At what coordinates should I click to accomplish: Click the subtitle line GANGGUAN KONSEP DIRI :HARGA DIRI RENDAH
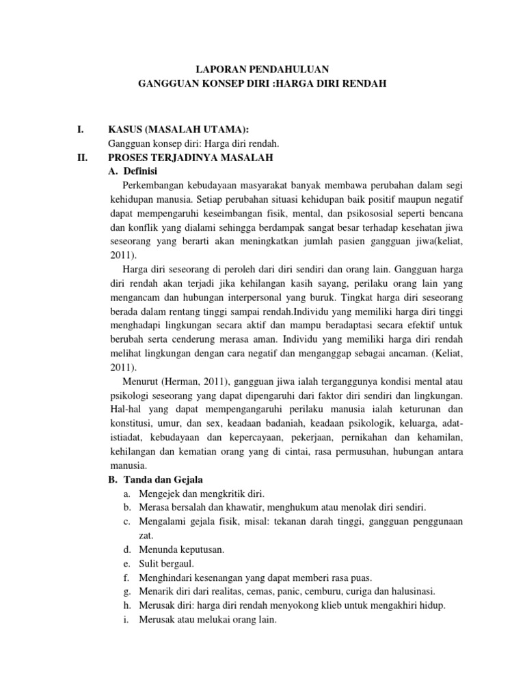click(x=263, y=83)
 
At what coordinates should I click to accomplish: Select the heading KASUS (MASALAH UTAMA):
click(x=180, y=129)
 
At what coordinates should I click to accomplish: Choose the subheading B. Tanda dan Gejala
click(x=156, y=479)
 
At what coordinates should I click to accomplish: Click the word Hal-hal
click(x=125, y=408)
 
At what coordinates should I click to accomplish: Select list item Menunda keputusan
click(x=181, y=549)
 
